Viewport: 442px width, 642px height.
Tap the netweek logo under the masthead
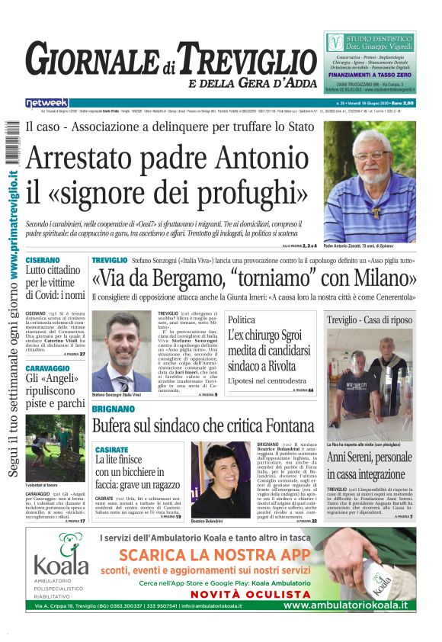pyautogui.click(x=47, y=102)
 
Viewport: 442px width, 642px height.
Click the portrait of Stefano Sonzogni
pyautogui.click(x=121, y=351)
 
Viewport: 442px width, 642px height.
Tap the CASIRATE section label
pyautogui.click(x=111, y=450)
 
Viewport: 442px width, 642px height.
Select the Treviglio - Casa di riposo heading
pyautogui.click(x=369, y=320)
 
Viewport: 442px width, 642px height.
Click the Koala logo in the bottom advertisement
pyautogui.click(x=62, y=555)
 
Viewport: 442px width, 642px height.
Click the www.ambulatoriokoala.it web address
pyautogui.click(x=344, y=605)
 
